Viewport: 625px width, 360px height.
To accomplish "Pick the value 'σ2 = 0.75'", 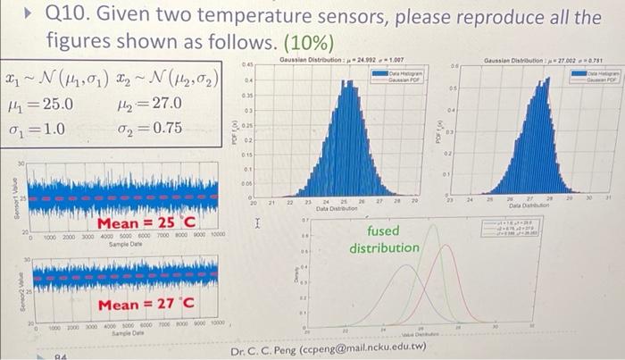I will tap(151, 128).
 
